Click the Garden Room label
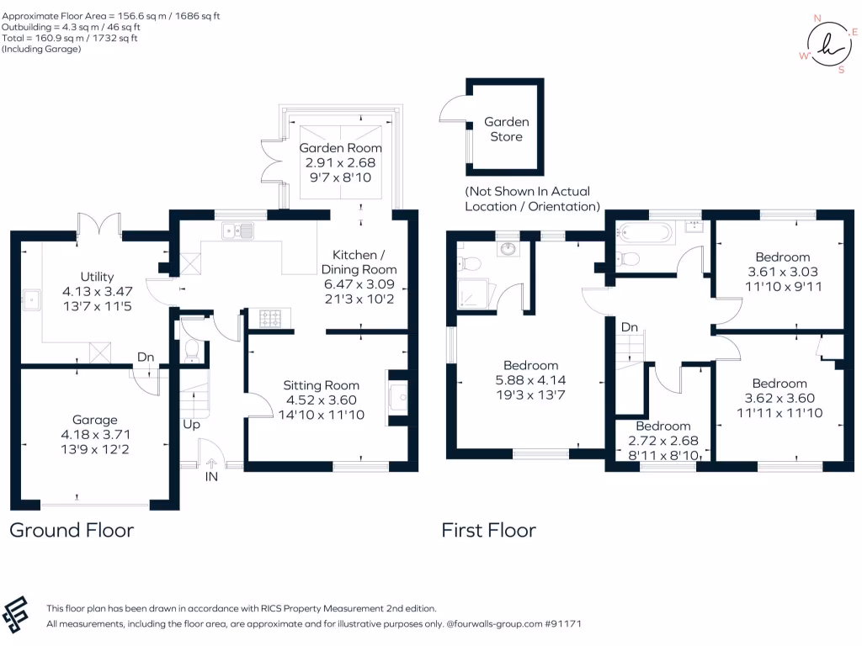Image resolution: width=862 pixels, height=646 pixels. (340, 148)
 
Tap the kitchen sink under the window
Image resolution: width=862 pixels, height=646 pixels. (238, 230)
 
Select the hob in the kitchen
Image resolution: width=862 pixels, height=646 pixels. (270, 318)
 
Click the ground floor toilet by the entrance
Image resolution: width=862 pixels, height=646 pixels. (192, 351)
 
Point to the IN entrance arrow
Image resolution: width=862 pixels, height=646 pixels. (211, 463)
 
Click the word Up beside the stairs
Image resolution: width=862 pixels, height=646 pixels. (191, 425)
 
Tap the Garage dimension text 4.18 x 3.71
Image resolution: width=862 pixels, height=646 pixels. (96, 435)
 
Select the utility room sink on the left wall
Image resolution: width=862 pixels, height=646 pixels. (31, 300)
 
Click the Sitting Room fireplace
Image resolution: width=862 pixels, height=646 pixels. (398, 397)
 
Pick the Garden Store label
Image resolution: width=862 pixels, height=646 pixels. (506, 129)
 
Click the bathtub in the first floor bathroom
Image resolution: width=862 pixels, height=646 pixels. (644, 232)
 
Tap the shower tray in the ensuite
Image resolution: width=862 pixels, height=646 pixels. (472, 294)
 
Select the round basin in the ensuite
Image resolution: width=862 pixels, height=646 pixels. (508, 249)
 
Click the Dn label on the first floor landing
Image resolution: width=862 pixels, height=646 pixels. (630, 327)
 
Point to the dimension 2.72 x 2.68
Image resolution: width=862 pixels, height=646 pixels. (663, 441)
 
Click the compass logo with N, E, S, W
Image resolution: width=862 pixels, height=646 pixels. (828, 44)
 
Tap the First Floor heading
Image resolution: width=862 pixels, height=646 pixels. (489, 530)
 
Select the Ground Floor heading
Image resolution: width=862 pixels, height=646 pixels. (72, 530)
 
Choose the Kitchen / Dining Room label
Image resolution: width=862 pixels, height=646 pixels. (359, 262)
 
